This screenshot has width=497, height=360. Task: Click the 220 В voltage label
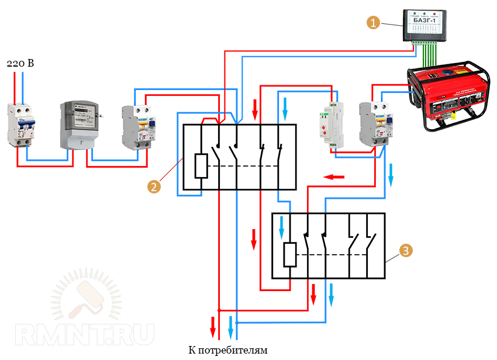pos(20,63)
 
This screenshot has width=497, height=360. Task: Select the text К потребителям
pos(228,351)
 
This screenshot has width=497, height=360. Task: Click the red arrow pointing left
pos(334,176)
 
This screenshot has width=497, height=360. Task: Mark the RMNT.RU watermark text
pos(85,334)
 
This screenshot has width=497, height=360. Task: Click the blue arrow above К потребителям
pos(231,325)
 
